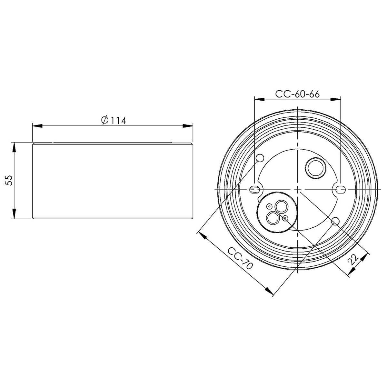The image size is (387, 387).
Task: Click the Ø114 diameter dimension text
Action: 113,120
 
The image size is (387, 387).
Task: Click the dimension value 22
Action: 353,260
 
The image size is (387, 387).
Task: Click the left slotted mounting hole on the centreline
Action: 254,189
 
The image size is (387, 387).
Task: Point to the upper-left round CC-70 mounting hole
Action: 260,158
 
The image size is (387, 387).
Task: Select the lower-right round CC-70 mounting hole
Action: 335,221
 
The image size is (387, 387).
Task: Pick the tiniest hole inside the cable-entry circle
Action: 269,205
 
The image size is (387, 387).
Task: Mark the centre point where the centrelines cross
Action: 297,189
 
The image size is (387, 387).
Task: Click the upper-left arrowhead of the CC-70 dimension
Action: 202,234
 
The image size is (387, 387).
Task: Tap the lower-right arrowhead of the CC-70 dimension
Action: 269,291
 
